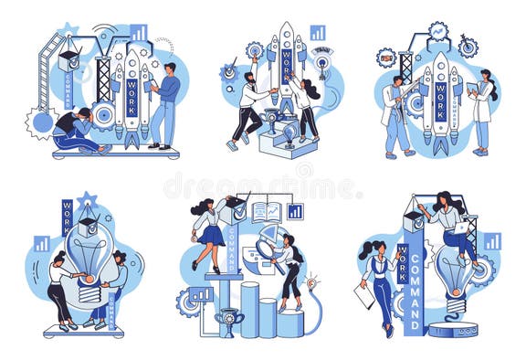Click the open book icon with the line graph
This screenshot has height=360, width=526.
(267, 212)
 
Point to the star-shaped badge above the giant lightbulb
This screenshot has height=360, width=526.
(88, 200)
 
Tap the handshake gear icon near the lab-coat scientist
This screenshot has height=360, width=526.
(387, 59)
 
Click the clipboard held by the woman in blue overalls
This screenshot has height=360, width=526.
(365, 294)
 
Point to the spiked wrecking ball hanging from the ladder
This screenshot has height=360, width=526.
(41, 122)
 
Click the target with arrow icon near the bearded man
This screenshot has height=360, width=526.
(228, 70)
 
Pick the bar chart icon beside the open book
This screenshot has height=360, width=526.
(295, 212)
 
